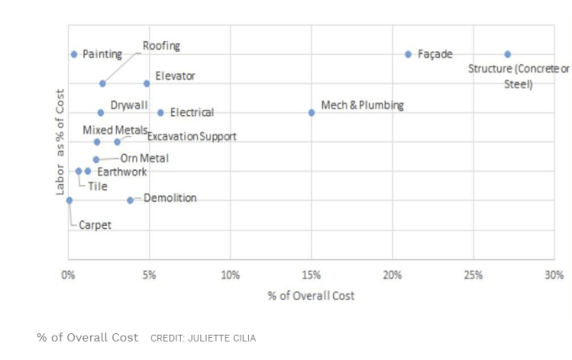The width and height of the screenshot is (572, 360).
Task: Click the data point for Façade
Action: (408, 54)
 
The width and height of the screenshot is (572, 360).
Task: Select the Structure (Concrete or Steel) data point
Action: (507, 54)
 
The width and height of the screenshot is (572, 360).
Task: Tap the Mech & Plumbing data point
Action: (311, 112)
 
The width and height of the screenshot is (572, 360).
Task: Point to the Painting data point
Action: (74, 54)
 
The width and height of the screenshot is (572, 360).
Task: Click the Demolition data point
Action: (130, 200)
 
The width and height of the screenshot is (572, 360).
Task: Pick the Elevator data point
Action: (146, 83)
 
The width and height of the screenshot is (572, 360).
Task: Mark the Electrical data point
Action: (161, 112)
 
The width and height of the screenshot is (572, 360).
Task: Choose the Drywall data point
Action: (101, 112)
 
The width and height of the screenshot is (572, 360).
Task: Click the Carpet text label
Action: (95, 225)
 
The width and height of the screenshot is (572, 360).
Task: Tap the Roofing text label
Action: (161, 45)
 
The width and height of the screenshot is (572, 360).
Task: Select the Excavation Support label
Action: (192, 136)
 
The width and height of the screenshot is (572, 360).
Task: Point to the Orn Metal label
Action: (144, 158)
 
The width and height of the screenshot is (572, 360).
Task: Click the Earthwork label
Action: (122, 172)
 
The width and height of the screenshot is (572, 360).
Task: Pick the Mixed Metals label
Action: (114, 130)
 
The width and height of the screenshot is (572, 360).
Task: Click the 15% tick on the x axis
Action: (311, 275)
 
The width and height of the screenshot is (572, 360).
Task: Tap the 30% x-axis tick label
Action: (553, 275)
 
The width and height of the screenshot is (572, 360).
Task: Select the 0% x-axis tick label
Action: (69, 275)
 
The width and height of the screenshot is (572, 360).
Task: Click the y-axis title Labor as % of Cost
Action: (60, 142)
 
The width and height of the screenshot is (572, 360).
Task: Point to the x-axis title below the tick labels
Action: (311, 295)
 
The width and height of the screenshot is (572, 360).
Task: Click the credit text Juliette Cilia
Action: (203, 338)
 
